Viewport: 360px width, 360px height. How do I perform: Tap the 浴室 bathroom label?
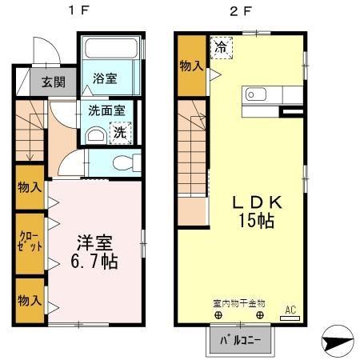click(104, 78)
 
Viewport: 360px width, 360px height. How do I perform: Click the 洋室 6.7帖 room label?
click(97, 250)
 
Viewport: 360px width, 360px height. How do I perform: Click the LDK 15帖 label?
click(254, 210)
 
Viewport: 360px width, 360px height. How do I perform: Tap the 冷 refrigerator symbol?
click(220, 47)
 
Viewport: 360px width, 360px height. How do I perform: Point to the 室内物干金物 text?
click(239, 303)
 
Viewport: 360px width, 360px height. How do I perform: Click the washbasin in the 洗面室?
click(93, 136)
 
